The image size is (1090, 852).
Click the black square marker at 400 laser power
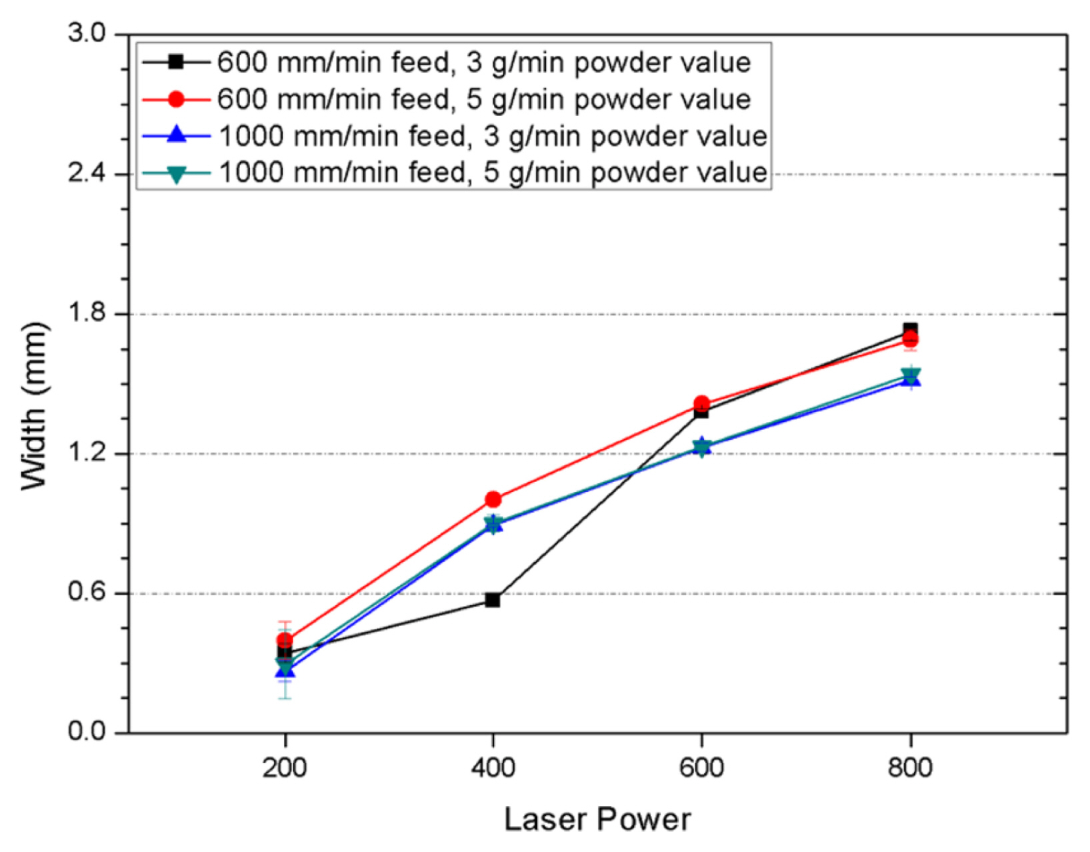(493, 600)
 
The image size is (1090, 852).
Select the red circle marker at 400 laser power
(493, 499)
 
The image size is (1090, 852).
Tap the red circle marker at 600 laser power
(701, 403)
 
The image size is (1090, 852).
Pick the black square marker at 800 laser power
(910, 329)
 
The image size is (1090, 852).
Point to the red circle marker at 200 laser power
(285, 640)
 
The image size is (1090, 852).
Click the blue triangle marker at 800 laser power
(911, 380)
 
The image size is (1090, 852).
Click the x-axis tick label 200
(285, 768)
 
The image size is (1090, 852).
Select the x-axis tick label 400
(493, 768)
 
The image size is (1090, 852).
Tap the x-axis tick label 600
(701, 768)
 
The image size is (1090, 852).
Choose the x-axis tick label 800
(910, 768)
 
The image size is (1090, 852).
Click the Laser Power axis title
(597, 819)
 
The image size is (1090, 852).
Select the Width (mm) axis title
(35, 407)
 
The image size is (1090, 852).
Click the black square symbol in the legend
(176, 62)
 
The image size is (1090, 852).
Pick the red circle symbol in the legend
(176, 99)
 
